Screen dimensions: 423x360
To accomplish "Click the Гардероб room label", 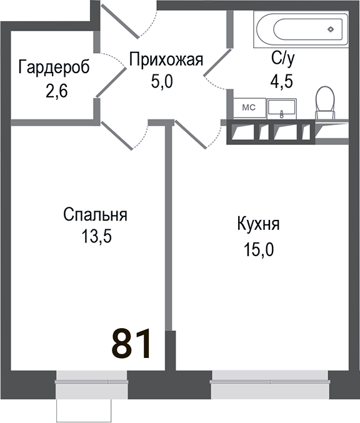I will [54, 67].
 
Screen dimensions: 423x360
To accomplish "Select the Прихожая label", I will [167, 60].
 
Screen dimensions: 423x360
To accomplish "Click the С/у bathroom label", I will [282, 60].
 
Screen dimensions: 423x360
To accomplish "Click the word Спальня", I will [95, 215].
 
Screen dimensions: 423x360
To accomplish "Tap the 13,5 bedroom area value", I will [96, 237].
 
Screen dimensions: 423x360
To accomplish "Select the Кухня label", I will [257, 224].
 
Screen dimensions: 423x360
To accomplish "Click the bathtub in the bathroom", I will [299, 29].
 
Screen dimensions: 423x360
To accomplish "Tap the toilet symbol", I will [324, 103].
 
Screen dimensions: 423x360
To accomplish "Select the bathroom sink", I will [284, 109].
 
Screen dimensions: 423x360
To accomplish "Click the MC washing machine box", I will [249, 107].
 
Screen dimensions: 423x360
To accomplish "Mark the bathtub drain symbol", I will [331, 29].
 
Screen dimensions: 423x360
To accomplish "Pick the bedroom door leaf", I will [117, 136].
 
